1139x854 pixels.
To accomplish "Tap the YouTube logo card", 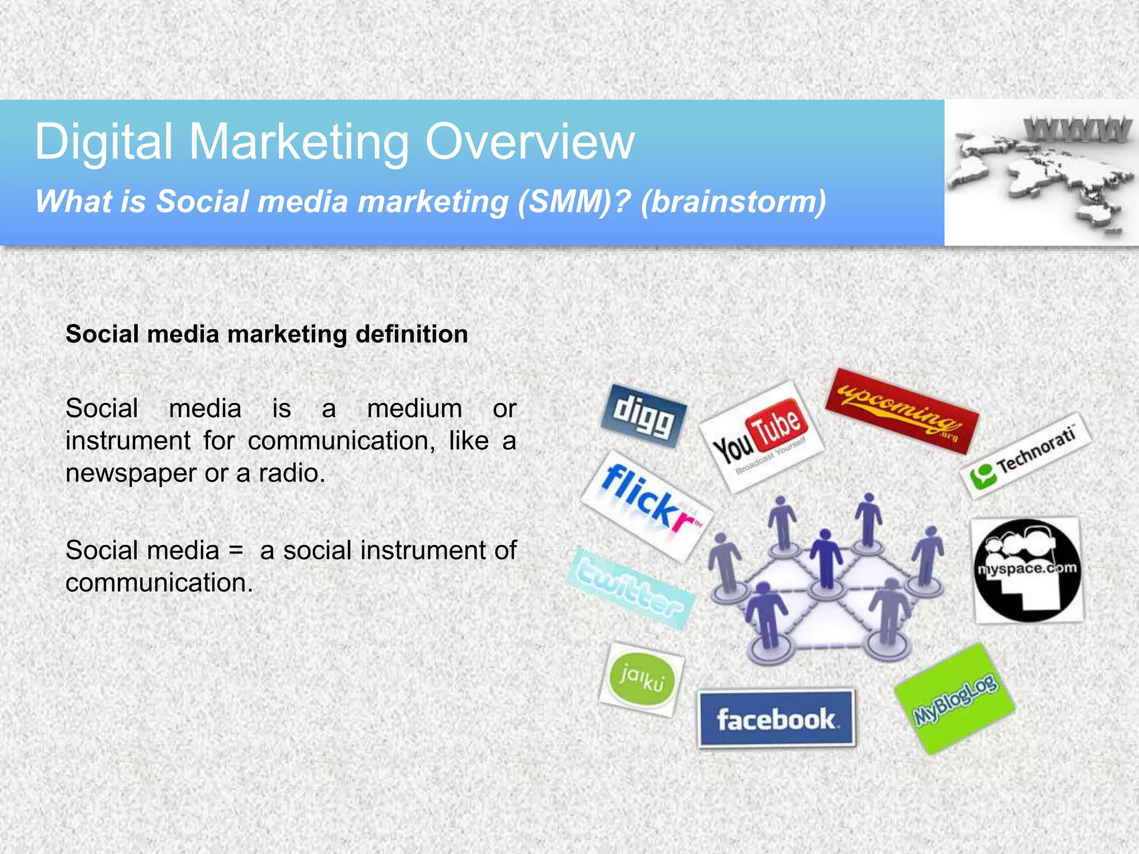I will (760, 438).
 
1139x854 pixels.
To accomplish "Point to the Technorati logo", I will (1025, 456).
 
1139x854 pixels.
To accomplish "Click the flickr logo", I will (647, 505).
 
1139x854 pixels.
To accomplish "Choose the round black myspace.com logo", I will (1027, 570).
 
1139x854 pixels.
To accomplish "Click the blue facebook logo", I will (776, 719).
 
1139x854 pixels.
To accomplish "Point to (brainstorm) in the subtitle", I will (733, 201).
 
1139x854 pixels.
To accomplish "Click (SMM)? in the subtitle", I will (573, 201).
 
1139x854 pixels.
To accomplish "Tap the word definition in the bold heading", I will (411, 334).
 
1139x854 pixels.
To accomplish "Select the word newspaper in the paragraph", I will (131, 473).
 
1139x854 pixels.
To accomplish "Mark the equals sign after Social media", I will (236, 550).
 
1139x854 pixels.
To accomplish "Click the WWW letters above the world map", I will (1077, 129).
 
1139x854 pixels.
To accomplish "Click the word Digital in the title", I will (103, 142).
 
